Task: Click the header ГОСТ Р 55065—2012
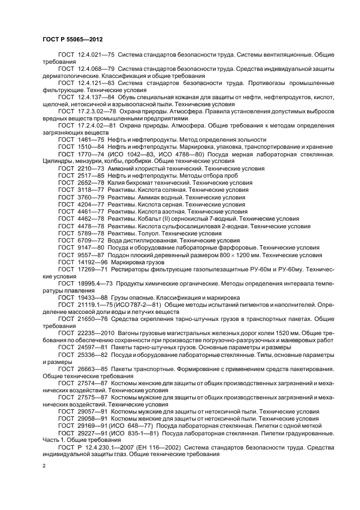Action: pos(73,40)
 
